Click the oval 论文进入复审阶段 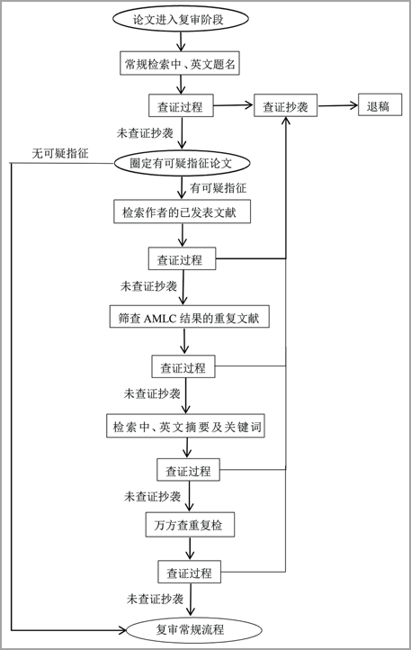pos(180,19)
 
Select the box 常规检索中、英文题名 pos(180,63)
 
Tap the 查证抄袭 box pos(285,106)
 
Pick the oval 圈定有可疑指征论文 pos(182,163)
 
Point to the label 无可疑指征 pos(60,153)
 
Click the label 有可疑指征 pos(218,188)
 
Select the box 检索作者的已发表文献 pos(183,212)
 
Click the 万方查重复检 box pos(190,525)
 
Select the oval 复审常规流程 pos(194,629)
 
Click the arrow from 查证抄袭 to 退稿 pos(337,105)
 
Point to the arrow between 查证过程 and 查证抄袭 pos(233,105)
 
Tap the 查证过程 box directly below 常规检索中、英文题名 pos(181,105)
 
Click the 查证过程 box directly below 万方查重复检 pos(190,572)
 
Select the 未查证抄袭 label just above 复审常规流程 pos(155,599)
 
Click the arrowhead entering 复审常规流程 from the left pos(121,630)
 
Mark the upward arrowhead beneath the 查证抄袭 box pos(286,121)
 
